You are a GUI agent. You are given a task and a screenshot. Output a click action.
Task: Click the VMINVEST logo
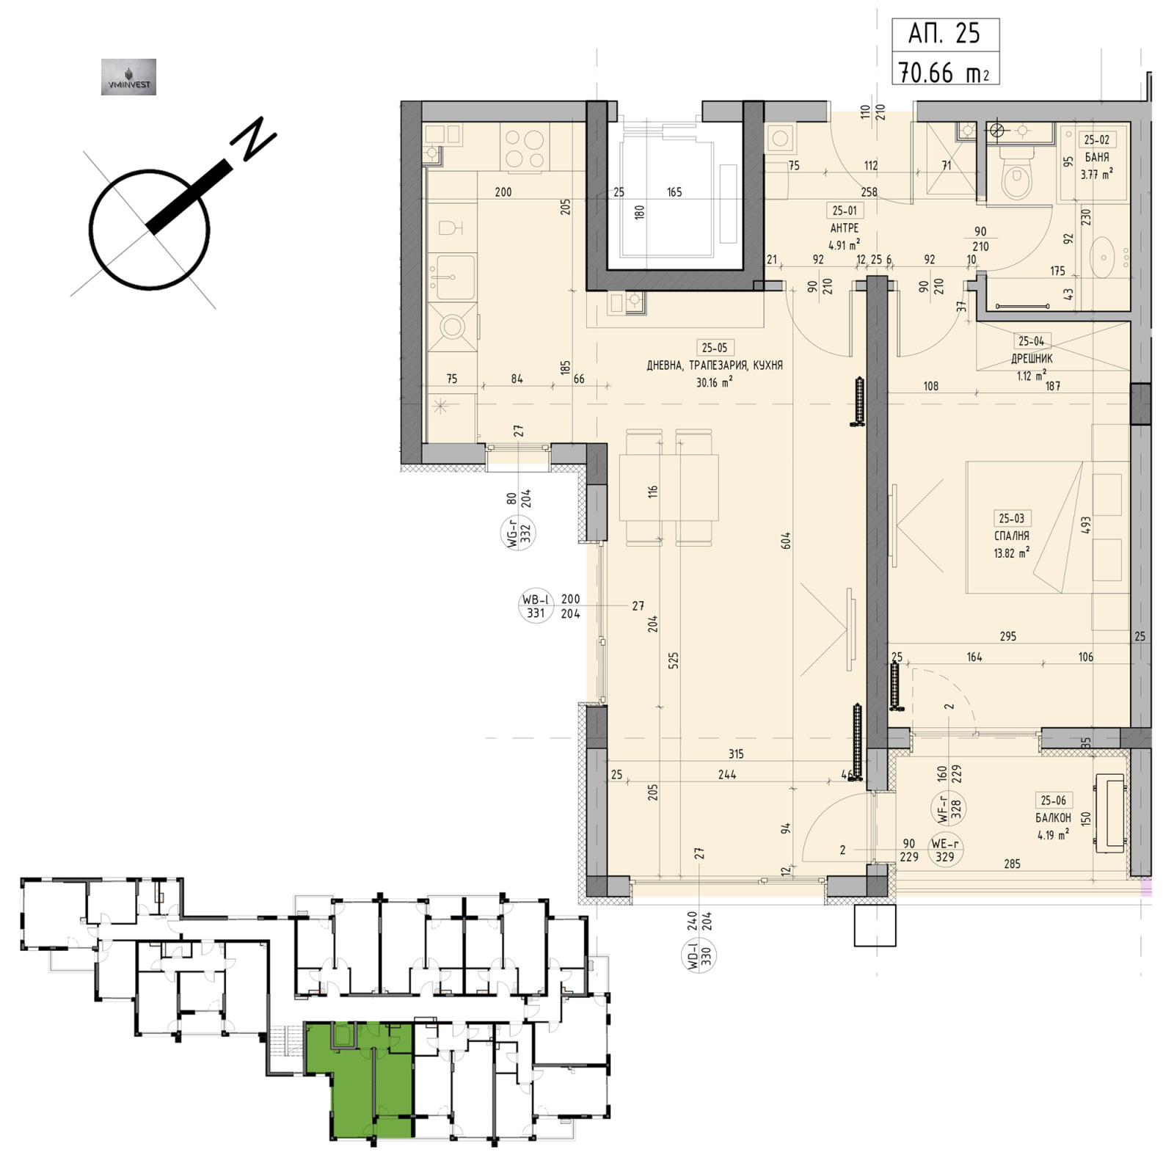coord(128,77)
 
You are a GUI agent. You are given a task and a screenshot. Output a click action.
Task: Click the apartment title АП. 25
coord(944,34)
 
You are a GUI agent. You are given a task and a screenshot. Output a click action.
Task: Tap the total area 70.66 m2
coord(944,72)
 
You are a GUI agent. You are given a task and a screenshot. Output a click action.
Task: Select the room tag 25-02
coord(1096,139)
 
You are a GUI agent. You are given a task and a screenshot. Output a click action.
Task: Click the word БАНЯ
coord(1096,157)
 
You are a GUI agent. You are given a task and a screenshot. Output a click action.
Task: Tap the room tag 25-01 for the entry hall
coord(845,211)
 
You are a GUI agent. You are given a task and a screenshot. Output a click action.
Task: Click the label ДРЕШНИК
coord(1032,359)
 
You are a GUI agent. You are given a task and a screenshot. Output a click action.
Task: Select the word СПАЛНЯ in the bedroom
coord(1012,536)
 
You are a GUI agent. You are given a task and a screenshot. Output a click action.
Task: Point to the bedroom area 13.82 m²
coord(1012,553)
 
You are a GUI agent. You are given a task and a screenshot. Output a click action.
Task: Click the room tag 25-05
coord(715,348)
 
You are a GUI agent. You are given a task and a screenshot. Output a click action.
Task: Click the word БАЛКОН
coord(1053,817)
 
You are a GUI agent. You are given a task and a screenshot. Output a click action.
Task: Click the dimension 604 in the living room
coord(785,542)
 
